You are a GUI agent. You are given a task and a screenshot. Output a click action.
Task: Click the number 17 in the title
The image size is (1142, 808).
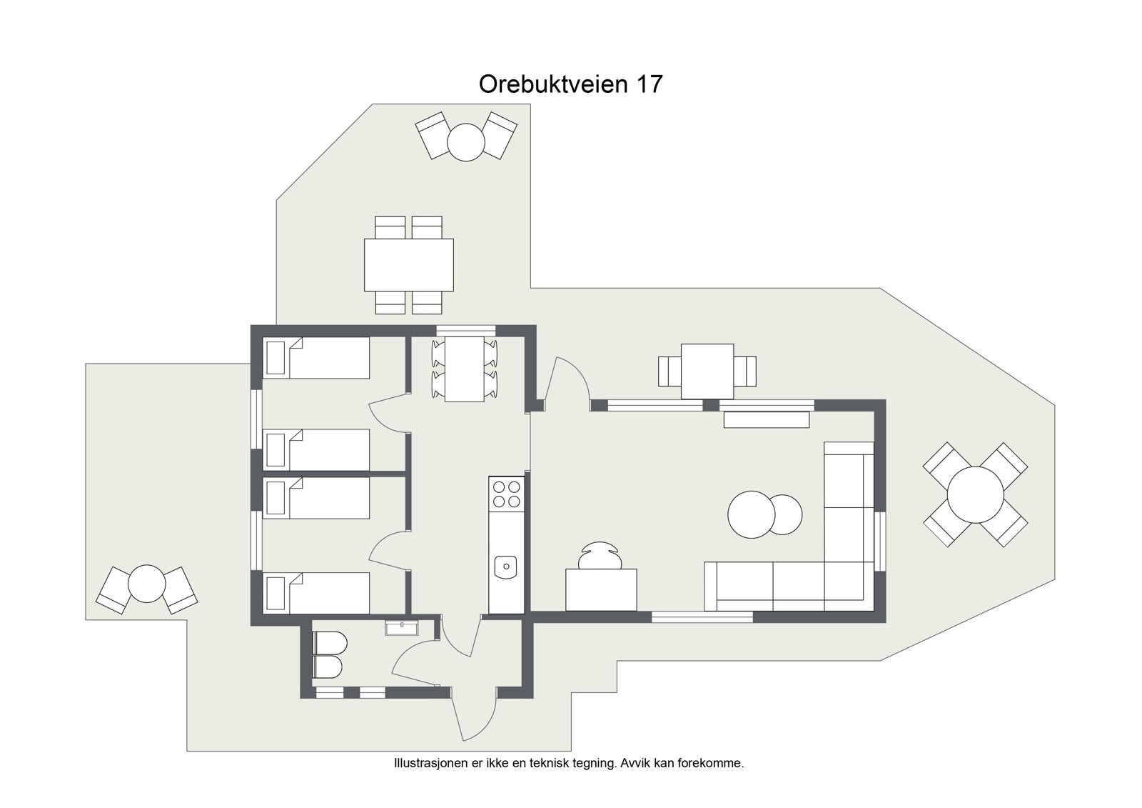(x=648, y=84)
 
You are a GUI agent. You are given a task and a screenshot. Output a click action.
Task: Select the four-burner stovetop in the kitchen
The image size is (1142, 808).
(x=507, y=493)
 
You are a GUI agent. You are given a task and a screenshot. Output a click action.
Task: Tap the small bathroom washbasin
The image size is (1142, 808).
(x=403, y=628)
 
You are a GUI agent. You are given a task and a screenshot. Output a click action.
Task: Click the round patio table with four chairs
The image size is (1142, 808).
(x=975, y=494)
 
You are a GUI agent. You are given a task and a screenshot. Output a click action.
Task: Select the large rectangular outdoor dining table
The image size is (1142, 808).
(x=409, y=264)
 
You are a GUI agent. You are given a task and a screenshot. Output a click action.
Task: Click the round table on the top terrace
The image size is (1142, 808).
(x=466, y=141)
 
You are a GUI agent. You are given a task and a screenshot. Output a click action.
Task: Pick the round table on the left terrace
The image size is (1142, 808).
(x=146, y=584)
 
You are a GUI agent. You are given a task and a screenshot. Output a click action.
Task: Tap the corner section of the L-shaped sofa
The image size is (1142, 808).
(x=849, y=586)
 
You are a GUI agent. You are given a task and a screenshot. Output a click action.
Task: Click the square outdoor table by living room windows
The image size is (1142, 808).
(x=707, y=371)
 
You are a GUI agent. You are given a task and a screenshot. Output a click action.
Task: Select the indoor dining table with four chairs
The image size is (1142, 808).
(x=465, y=369)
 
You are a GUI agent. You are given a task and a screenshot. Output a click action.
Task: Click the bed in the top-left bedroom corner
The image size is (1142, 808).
(x=318, y=357)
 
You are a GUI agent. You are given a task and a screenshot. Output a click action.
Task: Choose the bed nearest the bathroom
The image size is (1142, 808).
(x=318, y=592)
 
